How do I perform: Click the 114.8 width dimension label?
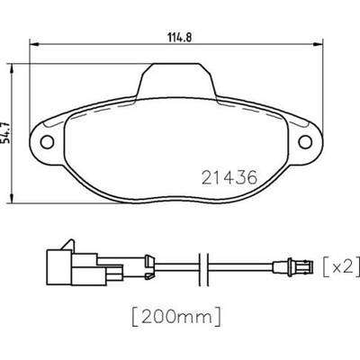(179, 38)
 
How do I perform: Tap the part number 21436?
(229, 177)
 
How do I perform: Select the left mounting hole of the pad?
(47, 141)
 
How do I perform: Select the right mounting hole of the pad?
(305, 141)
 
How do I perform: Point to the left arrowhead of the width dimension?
(34, 44)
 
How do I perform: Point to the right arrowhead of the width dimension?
(318, 44)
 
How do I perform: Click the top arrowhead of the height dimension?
(12, 68)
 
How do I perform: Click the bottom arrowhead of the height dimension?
(12, 198)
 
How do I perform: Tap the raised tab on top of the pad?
(176, 80)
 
